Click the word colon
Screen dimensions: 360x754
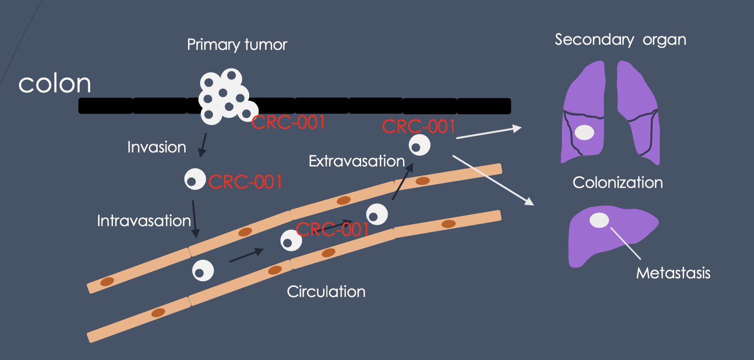(x=55, y=84)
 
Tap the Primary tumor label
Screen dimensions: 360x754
(x=237, y=45)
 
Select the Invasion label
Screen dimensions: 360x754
(x=157, y=147)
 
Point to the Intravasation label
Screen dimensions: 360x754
(x=144, y=221)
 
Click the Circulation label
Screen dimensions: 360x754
(x=326, y=292)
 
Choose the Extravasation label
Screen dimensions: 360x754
(x=356, y=161)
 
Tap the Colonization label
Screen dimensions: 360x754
(x=618, y=182)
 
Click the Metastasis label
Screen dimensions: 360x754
(x=673, y=273)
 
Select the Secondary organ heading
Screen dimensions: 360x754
(x=620, y=40)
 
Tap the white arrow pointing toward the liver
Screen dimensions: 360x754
(x=493, y=180)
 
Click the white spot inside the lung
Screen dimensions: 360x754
(x=584, y=132)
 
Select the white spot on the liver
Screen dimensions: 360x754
(x=599, y=220)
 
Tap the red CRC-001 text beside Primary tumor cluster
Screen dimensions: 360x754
(x=288, y=123)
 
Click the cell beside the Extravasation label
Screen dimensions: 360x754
(x=419, y=145)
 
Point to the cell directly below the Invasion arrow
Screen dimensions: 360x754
(x=195, y=179)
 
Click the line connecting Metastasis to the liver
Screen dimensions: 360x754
(x=625, y=243)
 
